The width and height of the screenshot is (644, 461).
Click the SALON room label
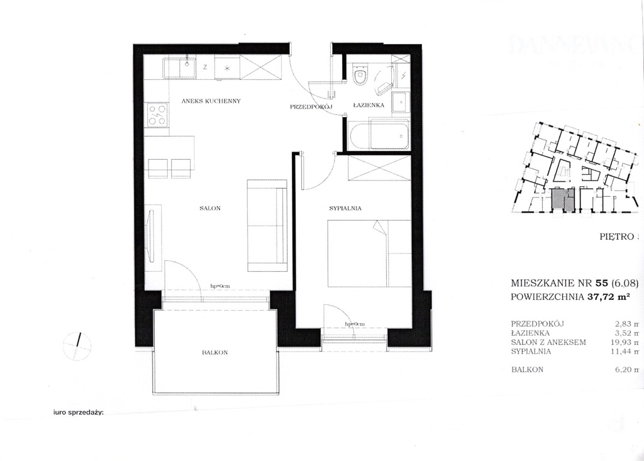pyautogui.click(x=209, y=208)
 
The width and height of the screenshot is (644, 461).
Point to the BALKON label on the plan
pyautogui.click(x=214, y=353)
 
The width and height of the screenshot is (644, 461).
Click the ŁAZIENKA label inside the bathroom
pyautogui.click(x=369, y=105)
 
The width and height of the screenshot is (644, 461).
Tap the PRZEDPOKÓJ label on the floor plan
pyautogui.click(x=311, y=108)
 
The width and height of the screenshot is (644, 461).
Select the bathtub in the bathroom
pyautogui.click(x=380, y=135)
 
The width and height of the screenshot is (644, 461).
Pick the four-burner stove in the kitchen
pyautogui.click(x=157, y=115)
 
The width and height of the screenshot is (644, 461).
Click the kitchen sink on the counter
pyautogui.click(x=179, y=68)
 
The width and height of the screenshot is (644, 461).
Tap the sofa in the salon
pyautogui.click(x=267, y=225)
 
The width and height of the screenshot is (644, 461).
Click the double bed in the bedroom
pyautogui.click(x=369, y=253)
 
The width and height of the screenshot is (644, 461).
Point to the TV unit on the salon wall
pyautogui.click(x=151, y=236)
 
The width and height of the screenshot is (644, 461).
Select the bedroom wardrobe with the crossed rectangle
pyautogui.click(x=378, y=169)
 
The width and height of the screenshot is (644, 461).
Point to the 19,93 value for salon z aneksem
pyautogui.click(x=625, y=342)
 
